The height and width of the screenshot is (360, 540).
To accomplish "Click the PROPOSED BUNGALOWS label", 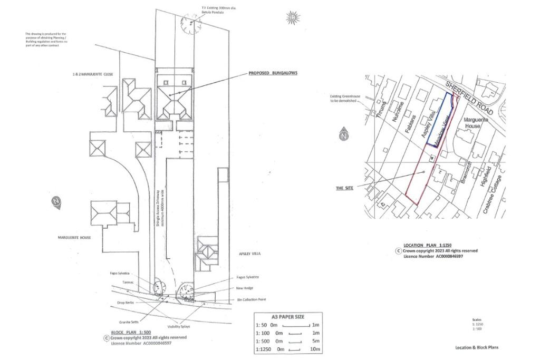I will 273,73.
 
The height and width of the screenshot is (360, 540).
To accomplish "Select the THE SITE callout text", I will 345,188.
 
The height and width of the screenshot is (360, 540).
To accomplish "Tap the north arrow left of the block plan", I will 56,202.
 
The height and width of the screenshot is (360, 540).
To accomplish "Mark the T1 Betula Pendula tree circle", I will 188,24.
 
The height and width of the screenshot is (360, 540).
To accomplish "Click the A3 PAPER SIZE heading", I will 287,317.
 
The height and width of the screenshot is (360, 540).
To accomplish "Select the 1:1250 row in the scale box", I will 287,349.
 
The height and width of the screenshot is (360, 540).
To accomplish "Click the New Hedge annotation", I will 245,288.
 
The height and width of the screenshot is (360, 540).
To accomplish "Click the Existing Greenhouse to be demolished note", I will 344,98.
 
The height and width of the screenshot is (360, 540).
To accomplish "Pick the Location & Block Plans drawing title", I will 477,347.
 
